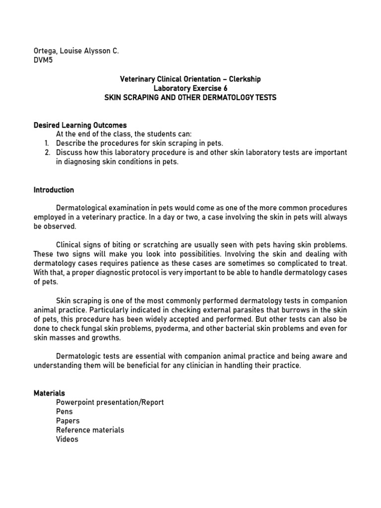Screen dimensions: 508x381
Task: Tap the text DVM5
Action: [x=43, y=60]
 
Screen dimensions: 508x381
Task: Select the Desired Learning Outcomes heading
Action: [x=80, y=125]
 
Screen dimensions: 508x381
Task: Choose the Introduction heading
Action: [x=54, y=190]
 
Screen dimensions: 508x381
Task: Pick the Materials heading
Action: [x=49, y=393]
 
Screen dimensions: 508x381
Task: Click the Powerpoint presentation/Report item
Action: [x=110, y=402]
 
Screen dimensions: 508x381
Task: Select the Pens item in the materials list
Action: [x=64, y=411]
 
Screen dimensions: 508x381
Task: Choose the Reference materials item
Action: [x=90, y=430]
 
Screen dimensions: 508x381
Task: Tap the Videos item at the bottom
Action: [x=67, y=440]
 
